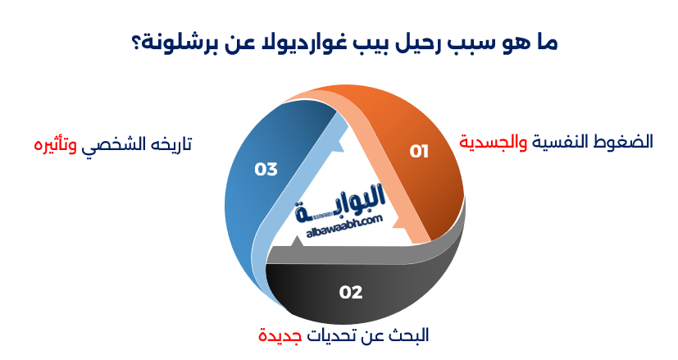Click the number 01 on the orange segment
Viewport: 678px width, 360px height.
[x=420, y=151]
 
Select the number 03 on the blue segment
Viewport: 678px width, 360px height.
[x=266, y=170]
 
